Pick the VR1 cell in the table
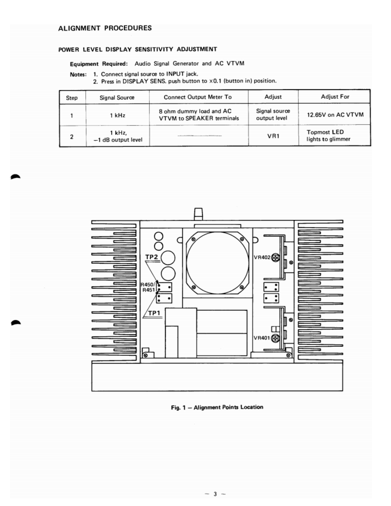[x=275, y=134]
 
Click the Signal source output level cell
[x=275, y=115]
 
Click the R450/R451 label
[x=148, y=287]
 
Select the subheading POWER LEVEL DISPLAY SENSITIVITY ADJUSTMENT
[x=138, y=49]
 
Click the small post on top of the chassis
[x=197, y=213]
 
